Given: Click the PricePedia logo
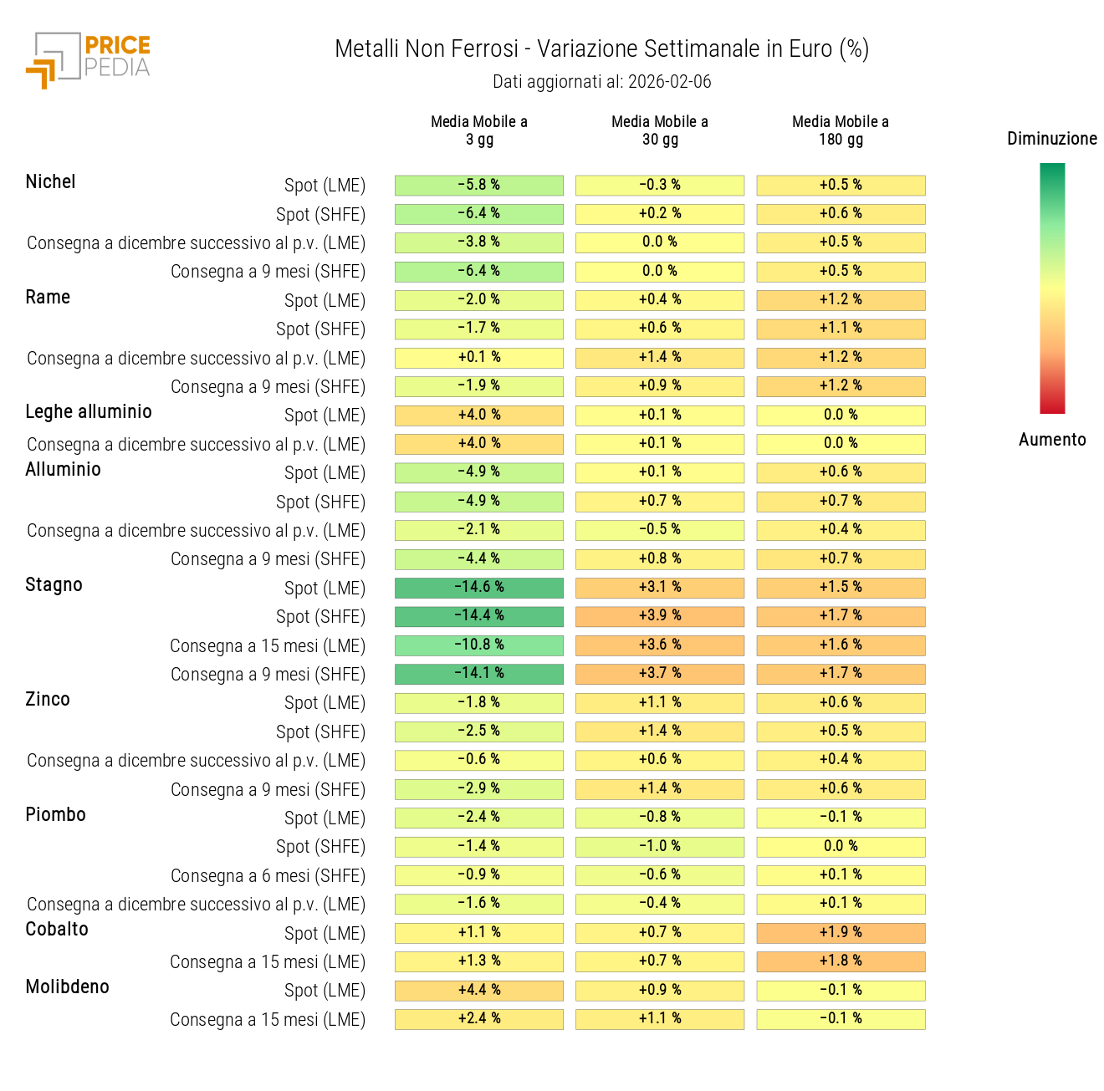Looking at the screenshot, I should click(88, 59).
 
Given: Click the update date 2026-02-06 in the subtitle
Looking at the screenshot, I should click(669, 82).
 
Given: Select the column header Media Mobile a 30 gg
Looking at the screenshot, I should click(660, 130).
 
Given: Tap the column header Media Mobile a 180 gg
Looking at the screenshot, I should click(841, 130).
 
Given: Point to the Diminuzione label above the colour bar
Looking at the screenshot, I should click(1051, 139).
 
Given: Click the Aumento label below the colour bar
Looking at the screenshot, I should click(1051, 440).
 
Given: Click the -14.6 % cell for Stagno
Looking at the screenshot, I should click(479, 587).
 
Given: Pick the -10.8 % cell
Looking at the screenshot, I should click(479, 645).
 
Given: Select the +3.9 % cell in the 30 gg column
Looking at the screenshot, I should click(660, 616).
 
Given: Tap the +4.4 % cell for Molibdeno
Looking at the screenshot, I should click(479, 990).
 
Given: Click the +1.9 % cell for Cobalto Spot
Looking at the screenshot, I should click(841, 932).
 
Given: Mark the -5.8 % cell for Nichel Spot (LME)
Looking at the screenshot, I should click(479, 185).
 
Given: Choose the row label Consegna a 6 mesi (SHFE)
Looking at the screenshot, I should click(268, 875).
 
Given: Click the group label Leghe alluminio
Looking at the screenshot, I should click(89, 411).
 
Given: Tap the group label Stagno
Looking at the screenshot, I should click(54, 584).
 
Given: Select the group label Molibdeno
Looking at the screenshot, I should click(67, 986).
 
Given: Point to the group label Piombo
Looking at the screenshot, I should click(55, 814).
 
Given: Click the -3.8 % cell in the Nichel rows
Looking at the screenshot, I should click(479, 242).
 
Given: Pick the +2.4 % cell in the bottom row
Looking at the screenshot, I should click(479, 1018).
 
